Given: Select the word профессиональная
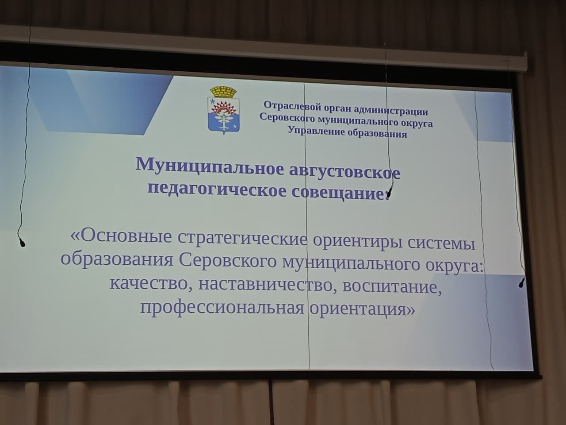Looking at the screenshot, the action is point(222,308).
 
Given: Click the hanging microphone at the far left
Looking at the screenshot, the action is point(22,243).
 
